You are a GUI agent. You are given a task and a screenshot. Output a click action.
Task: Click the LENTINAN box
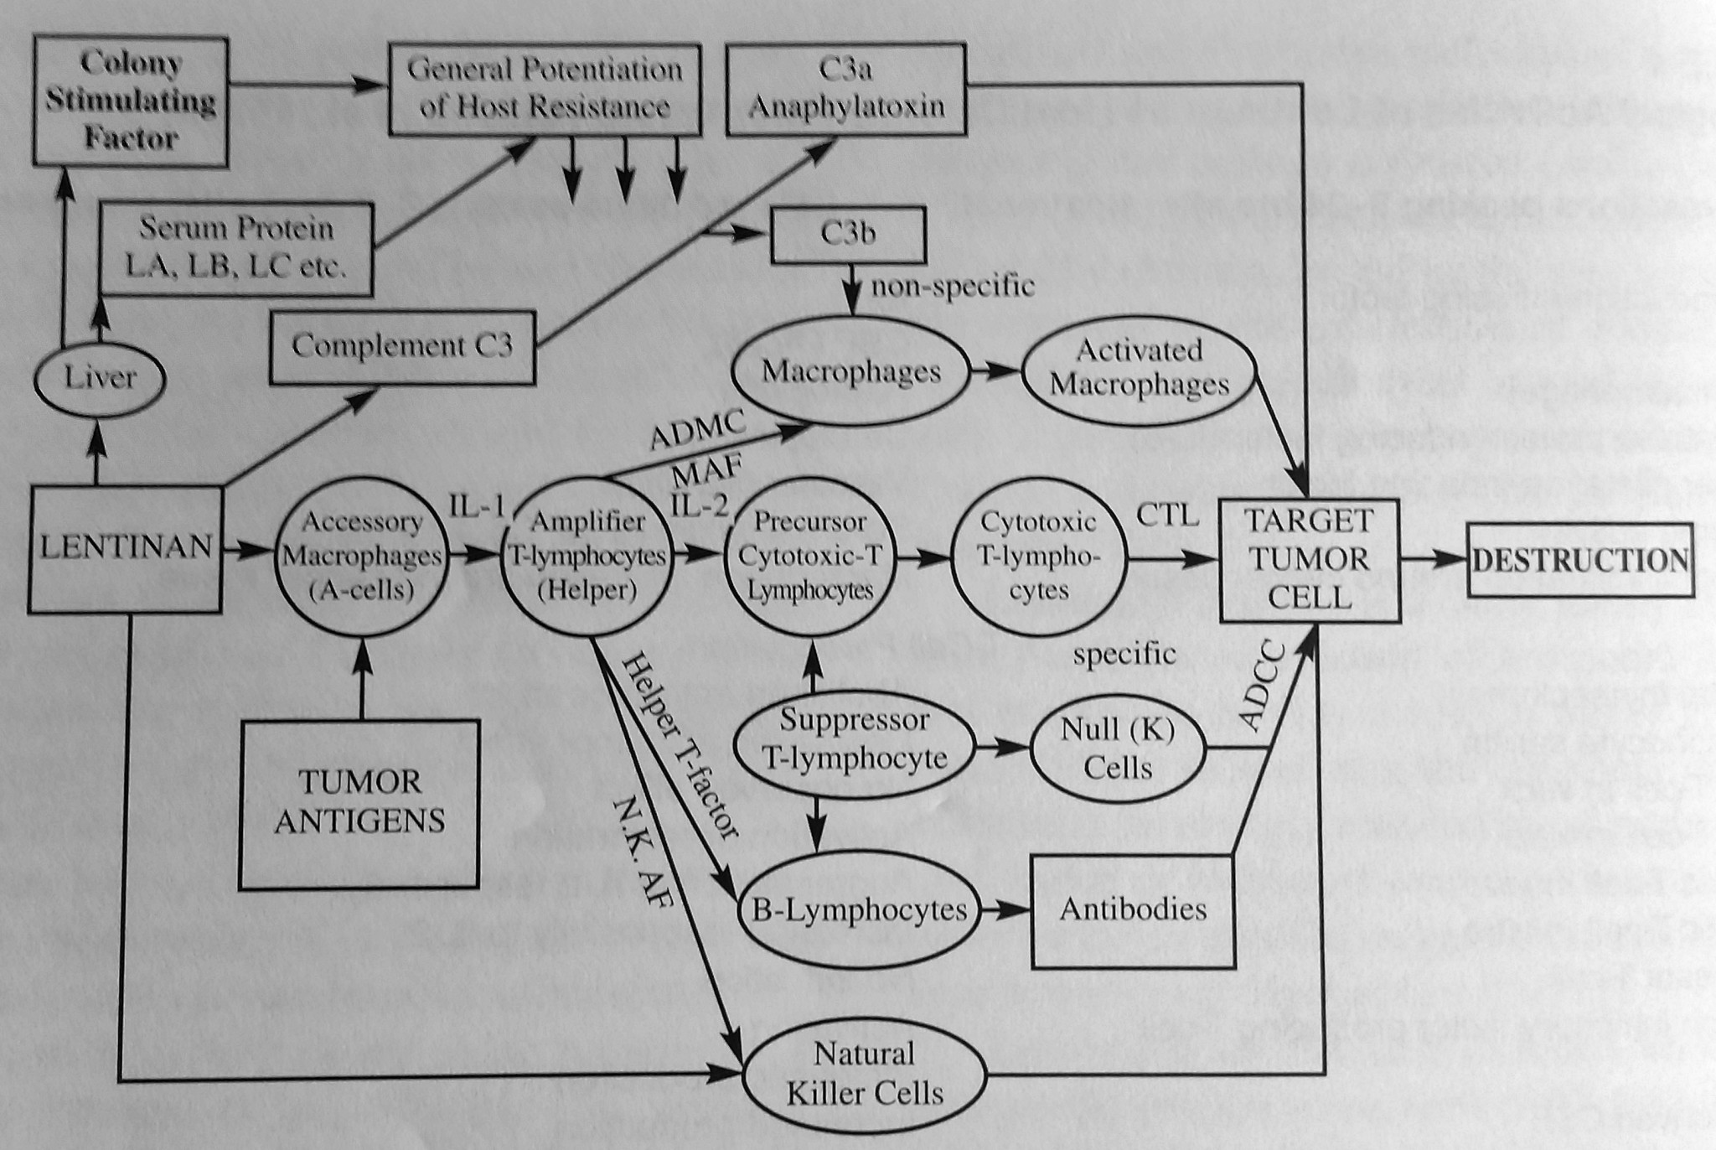tap(126, 548)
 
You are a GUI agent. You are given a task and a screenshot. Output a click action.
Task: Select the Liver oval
tap(100, 378)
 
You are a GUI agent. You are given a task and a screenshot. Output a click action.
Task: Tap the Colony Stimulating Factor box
tap(131, 101)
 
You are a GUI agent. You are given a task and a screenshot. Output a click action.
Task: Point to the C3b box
tap(848, 234)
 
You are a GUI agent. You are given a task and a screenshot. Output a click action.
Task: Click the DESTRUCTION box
tap(1579, 560)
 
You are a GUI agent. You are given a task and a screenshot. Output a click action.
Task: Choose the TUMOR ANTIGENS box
tap(359, 803)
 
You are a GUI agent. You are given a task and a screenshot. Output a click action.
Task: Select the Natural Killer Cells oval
tap(865, 1074)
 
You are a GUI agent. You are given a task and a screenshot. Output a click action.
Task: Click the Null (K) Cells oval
tap(1118, 748)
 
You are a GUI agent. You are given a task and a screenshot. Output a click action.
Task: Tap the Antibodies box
tap(1133, 909)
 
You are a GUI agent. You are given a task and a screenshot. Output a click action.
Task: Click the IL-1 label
tap(476, 506)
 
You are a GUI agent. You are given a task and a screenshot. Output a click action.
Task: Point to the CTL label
tap(1167, 515)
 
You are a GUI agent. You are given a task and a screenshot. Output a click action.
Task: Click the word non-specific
tap(953, 287)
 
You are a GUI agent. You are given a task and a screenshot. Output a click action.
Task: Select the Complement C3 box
tap(402, 346)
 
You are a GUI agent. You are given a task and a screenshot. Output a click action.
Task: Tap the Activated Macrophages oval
tap(1139, 368)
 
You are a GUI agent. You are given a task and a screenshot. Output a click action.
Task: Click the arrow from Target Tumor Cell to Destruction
tap(1433, 559)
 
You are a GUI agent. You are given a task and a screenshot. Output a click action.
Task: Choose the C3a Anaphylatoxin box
tap(846, 89)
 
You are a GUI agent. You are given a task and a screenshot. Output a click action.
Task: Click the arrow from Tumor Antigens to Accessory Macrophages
tap(362, 679)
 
